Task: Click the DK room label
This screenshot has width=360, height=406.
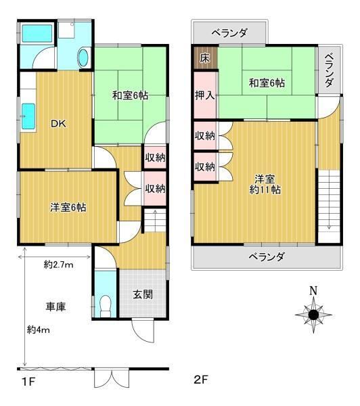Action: (x=58, y=124)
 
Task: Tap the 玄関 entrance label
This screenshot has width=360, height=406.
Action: (x=143, y=294)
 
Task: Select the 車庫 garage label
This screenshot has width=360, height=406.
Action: (x=56, y=307)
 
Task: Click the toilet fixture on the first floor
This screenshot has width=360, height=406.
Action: (x=105, y=306)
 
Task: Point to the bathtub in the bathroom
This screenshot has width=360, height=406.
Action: (x=37, y=33)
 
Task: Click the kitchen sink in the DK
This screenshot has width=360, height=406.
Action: (x=28, y=116)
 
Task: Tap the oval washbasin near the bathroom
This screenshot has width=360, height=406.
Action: (x=83, y=58)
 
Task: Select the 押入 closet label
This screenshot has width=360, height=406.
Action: (x=205, y=95)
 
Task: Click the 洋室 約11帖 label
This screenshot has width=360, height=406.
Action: (x=265, y=184)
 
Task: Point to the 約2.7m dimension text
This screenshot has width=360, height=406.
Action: (x=58, y=265)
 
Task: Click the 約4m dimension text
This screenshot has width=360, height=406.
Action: (x=39, y=330)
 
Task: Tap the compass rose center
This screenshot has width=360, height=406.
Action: (x=313, y=315)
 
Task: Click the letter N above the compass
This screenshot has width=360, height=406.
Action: (x=313, y=291)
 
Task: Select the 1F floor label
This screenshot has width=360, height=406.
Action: (x=28, y=382)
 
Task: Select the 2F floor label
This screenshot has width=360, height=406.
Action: (x=201, y=380)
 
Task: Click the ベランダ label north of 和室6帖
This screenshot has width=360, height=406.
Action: (x=229, y=33)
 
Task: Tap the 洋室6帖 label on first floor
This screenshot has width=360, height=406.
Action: (x=68, y=208)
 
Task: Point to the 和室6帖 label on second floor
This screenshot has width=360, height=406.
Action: (x=267, y=83)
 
